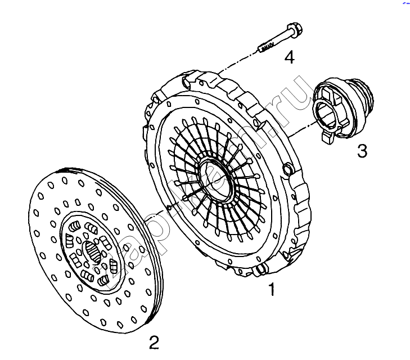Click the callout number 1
[272, 290]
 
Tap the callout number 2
[154, 341]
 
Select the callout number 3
[362, 150]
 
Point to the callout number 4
[289, 56]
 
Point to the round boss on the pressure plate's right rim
[288, 168]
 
